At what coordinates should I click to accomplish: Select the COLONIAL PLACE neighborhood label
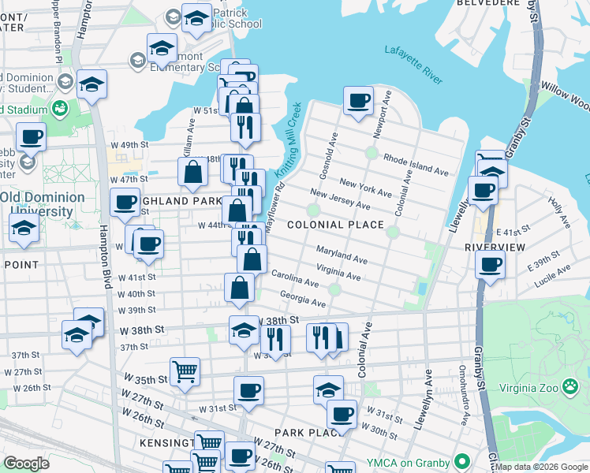point(335,225)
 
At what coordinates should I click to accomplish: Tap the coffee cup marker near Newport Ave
point(358,100)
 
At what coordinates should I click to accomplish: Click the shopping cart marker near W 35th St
point(185,371)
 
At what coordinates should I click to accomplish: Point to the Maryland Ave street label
point(342,254)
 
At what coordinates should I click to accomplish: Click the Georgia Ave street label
point(303,299)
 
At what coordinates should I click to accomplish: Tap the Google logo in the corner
point(26,464)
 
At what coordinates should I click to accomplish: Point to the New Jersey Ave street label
point(340,199)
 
